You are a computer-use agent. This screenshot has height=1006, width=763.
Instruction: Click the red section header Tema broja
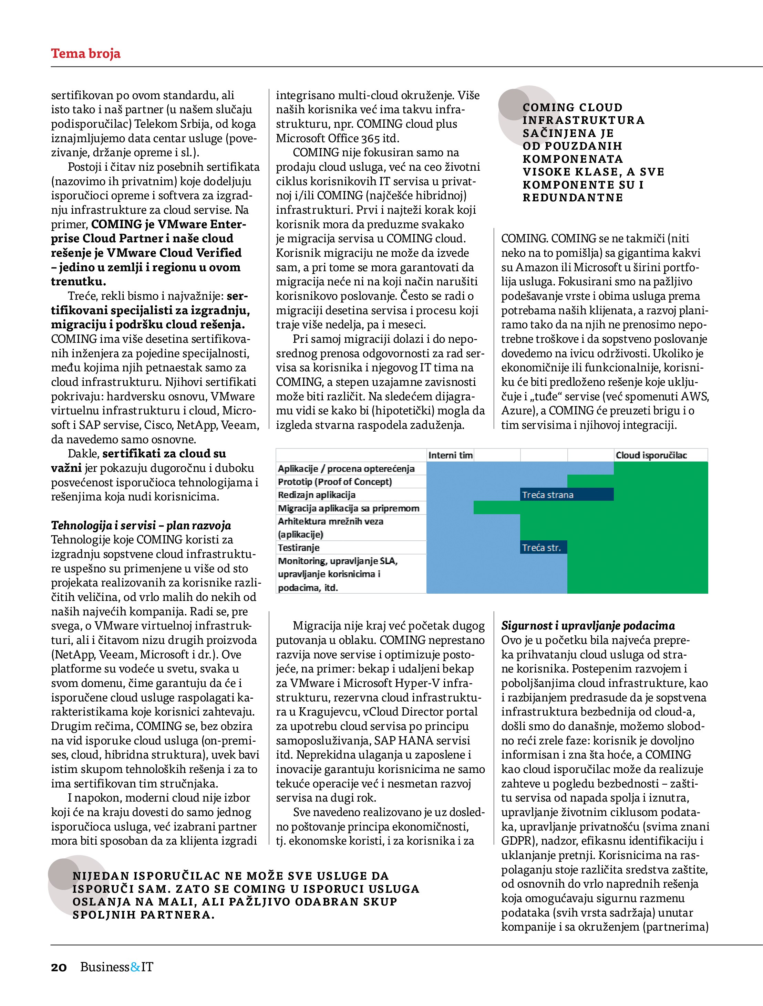coord(85,54)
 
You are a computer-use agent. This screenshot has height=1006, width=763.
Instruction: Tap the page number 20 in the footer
coord(59,967)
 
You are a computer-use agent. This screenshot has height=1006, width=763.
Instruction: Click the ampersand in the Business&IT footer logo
coord(135,966)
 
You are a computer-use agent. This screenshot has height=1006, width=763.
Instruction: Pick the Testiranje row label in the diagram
coord(299,548)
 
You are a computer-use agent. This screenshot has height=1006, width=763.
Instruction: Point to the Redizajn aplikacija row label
coord(317,495)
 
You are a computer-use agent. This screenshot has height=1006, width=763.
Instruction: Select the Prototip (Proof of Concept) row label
coord(334,481)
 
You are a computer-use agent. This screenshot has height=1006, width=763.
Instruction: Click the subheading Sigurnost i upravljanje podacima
coord(588,626)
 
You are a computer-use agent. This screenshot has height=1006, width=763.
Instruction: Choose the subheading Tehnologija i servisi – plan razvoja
coord(141,526)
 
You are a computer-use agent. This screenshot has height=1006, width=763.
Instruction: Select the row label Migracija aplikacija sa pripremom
coord(348,508)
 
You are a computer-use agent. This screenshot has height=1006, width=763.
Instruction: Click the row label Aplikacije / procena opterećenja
coord(346,468)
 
